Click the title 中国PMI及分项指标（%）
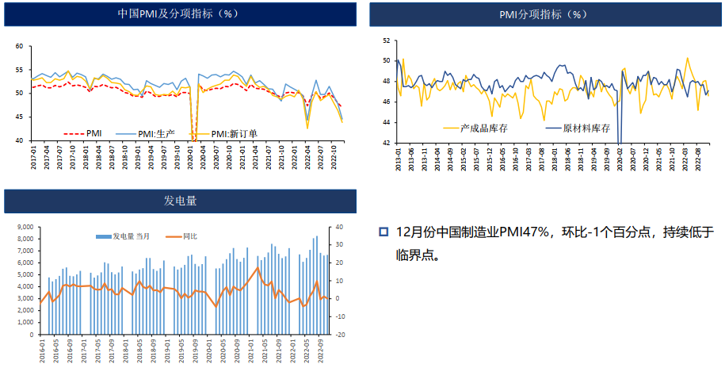coord(177,14)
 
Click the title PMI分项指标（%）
coord(544,14)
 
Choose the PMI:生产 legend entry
coord(143,132)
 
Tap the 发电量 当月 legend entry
coord(127,236)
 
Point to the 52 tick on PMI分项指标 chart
coord(386,40)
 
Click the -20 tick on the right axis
coord(338,335)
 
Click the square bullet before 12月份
coord(383,232)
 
